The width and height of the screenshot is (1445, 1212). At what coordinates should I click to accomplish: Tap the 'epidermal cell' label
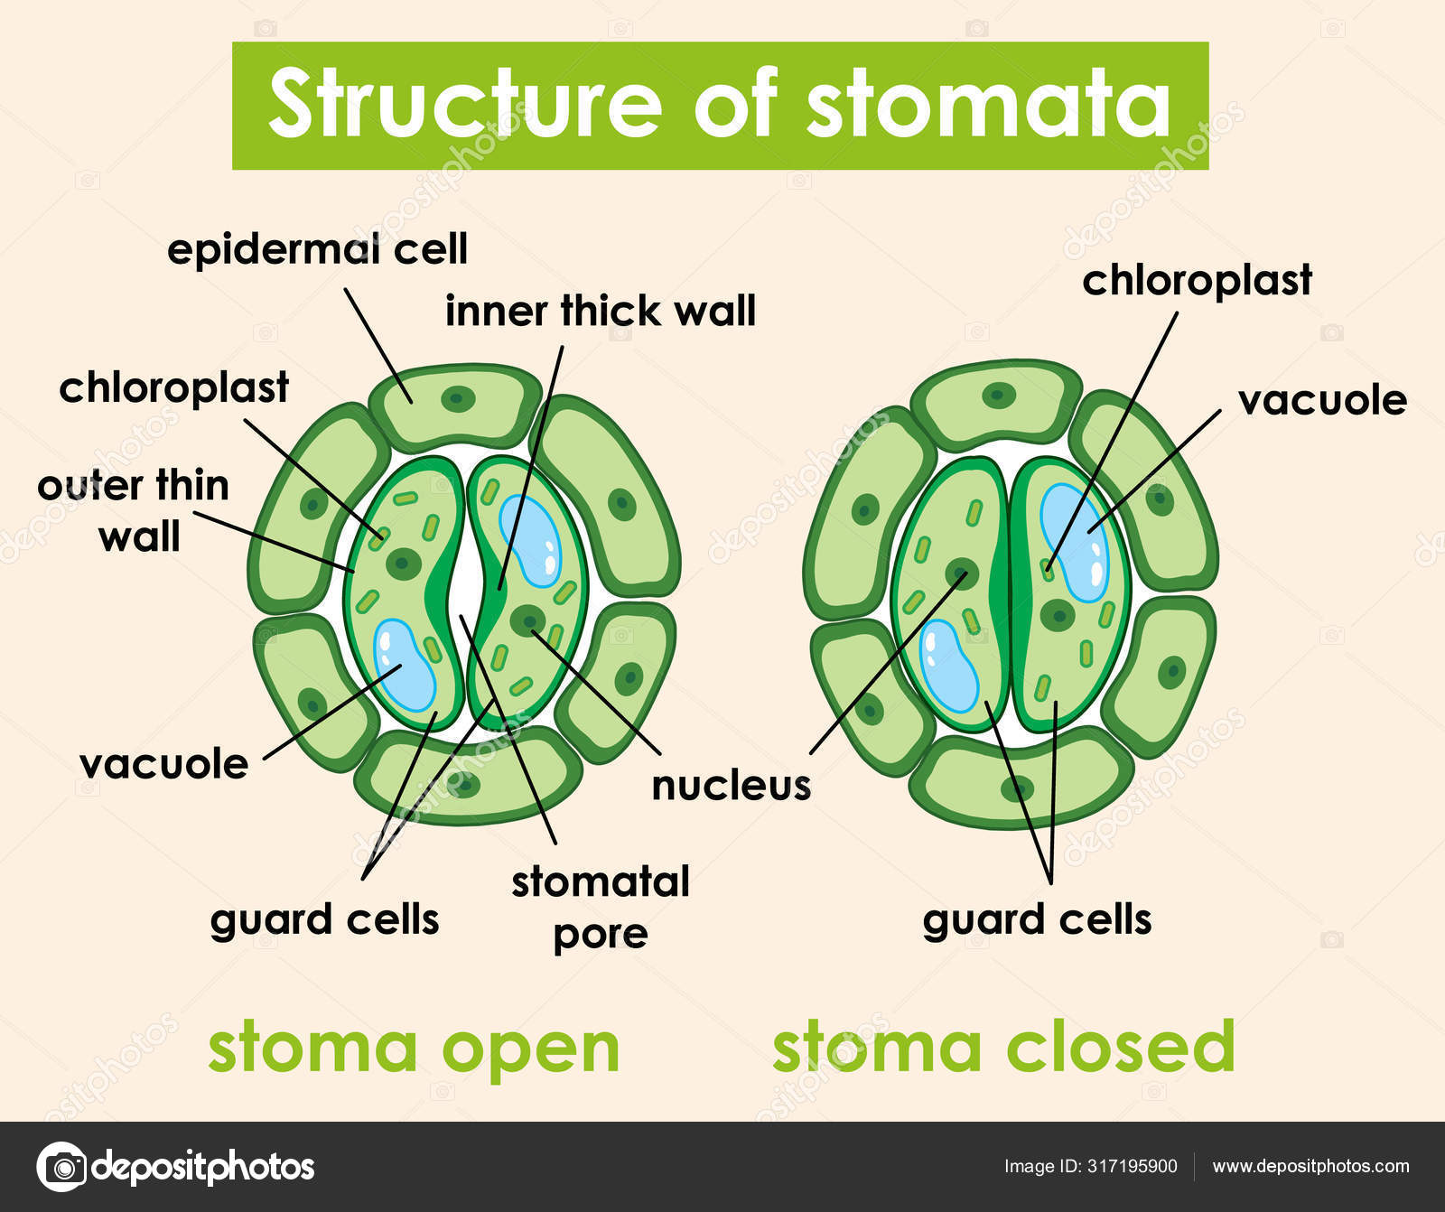pos(317,248)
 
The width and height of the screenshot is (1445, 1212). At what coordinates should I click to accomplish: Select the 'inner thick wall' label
pos(600,311)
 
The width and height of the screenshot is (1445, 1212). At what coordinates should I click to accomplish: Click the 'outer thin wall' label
pos(134,510)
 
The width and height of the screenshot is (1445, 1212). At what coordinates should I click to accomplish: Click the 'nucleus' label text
pos(731,785)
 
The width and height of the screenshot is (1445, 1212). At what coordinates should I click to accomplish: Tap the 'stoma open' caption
pos(414,1048)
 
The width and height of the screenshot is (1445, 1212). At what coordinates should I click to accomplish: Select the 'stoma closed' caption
pos(1002,1046)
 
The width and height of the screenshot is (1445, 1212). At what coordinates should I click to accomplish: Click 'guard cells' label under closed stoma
pos(1037,920)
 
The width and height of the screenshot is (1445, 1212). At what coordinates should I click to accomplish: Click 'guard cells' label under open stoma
pos(324,920)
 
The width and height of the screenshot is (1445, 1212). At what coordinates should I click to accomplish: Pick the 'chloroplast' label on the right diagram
pos(1197,280)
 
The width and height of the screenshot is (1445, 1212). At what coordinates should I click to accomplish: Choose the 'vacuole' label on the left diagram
pos(163,764)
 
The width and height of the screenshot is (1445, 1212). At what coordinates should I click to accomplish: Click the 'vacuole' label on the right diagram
pos(1321,400)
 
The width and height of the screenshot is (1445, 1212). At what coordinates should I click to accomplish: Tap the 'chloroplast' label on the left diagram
pos(173,387)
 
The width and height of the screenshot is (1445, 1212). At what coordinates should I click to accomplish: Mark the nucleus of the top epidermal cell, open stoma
pos(459,397)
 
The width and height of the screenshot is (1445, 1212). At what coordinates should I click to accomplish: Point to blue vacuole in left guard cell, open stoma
pos(405,665)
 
